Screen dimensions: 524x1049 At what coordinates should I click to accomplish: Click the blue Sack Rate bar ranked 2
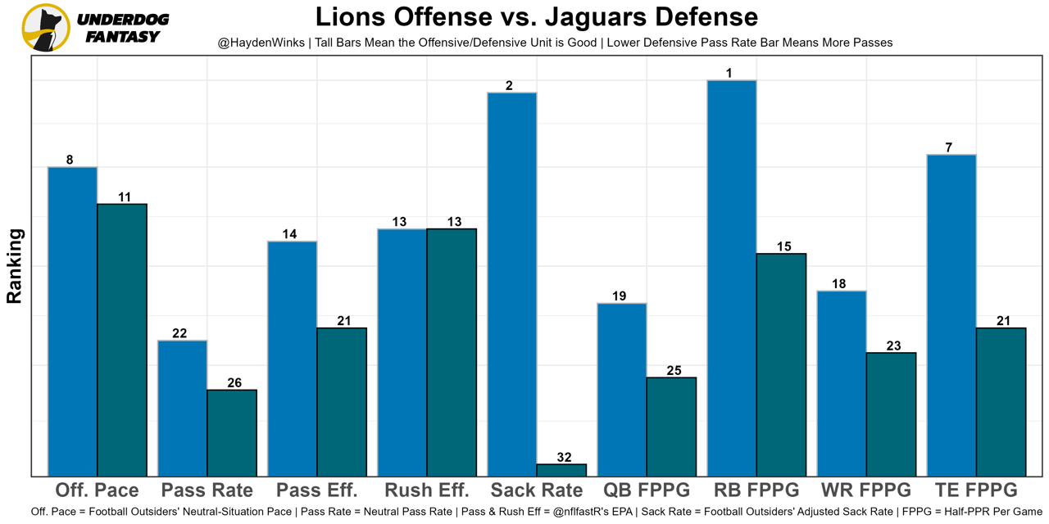coord(511,283)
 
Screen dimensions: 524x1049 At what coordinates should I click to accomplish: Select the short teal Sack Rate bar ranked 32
coord(561,470)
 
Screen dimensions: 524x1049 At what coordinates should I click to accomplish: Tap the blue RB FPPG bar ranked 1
coord(732,278)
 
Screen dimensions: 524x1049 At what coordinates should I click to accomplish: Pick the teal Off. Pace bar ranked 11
coord(122,339)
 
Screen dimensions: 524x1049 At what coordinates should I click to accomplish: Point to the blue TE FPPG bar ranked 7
coord(951,314)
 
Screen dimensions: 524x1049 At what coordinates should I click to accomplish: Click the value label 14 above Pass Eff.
coord(289,234)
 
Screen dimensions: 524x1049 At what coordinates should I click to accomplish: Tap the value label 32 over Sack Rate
coord(564,458)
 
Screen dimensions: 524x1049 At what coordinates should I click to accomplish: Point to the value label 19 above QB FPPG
coord(619,296)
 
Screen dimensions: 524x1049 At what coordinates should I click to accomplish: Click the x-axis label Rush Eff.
coord(427,490)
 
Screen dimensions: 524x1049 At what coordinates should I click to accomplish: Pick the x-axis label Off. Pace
coord(97,490)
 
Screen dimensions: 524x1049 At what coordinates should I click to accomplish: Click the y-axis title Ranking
coord(15,266)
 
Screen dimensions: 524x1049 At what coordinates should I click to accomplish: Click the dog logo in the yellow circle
coord(46,28)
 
